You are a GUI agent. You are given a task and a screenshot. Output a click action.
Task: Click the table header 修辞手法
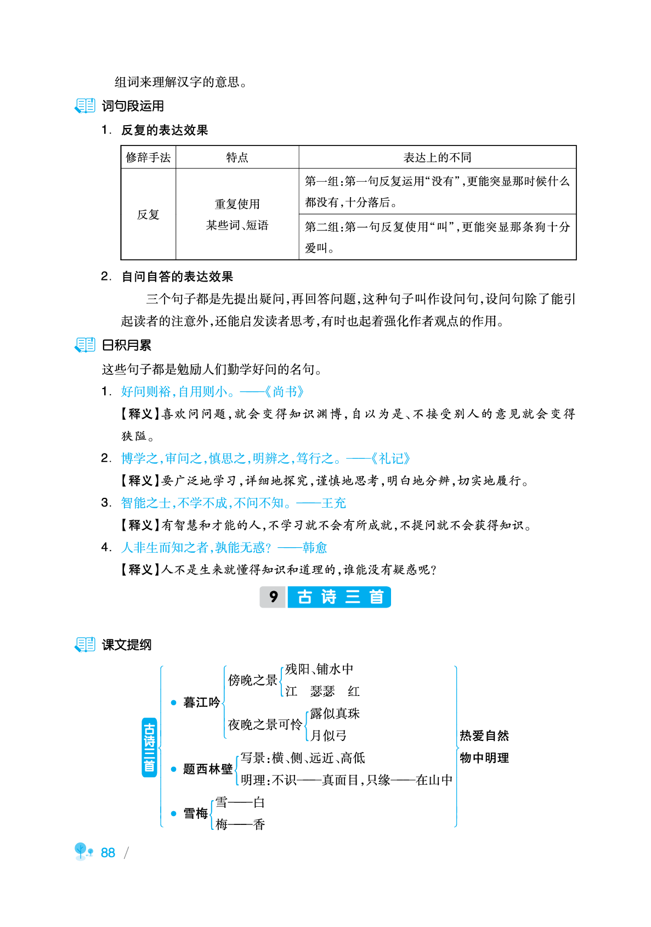coord(148,158)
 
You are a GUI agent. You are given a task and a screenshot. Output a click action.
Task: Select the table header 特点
coord(237,158)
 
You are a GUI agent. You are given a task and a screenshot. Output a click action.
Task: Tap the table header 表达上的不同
coord(437,158)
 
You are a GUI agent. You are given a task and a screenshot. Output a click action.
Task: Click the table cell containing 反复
coord(148,215)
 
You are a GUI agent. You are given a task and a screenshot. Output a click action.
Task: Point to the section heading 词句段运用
coord(133,106)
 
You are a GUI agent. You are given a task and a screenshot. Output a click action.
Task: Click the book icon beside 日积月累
coord(85,345)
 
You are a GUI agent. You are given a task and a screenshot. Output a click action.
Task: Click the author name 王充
coord(333,503)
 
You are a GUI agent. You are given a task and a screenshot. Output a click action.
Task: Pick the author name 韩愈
coord(315,548)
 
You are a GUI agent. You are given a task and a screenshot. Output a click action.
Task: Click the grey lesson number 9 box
coord(273,597)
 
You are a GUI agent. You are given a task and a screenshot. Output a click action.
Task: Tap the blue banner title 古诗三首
coord(339,597)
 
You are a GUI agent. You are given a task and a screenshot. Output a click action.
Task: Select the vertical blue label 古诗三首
coord(149,748)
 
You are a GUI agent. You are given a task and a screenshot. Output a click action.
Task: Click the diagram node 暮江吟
coord(201,703)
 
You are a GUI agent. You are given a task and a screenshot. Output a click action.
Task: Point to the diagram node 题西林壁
coord(208,769)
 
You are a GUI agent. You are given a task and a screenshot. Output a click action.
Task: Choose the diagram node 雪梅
coord(195,813)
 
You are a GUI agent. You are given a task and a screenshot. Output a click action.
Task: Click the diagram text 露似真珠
coord(335,713)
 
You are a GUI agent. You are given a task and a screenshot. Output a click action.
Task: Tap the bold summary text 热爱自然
coord(484,736)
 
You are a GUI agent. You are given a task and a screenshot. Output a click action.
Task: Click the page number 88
coord(108,853)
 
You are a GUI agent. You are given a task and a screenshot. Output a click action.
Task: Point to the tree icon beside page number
coord(83,852)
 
